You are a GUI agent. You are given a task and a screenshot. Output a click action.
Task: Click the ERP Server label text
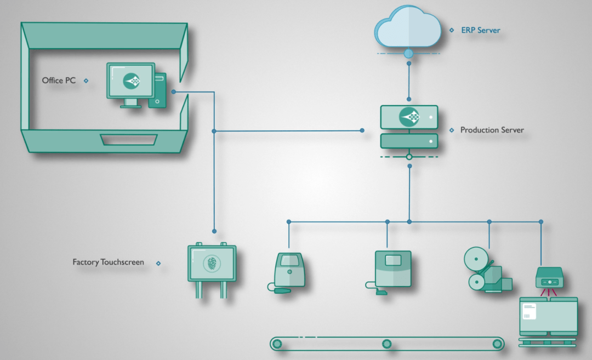(480, 30)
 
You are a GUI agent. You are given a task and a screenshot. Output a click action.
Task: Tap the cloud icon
(408, 27)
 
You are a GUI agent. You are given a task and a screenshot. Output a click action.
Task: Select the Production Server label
(492, 130)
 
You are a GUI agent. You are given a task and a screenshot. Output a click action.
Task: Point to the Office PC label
(59, 81)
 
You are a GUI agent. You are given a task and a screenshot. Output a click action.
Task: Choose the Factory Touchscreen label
(108, 262)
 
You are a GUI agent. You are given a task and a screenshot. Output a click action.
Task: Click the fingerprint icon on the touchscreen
(212, 264)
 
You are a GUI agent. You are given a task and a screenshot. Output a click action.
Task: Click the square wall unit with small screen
(392, 268)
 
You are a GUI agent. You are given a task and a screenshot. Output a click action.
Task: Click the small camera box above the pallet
(550, 279)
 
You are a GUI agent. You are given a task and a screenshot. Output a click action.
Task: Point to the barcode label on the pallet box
(529, 312)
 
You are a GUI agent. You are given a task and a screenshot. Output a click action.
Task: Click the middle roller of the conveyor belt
(386, 344)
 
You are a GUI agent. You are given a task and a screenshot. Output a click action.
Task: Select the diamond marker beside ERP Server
(452, 31)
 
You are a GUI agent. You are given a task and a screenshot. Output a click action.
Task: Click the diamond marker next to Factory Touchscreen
(158, 263)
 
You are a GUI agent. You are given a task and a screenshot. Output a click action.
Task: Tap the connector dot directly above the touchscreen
(214, 231)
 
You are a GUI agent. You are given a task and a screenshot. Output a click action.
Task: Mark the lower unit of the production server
(409, 141)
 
